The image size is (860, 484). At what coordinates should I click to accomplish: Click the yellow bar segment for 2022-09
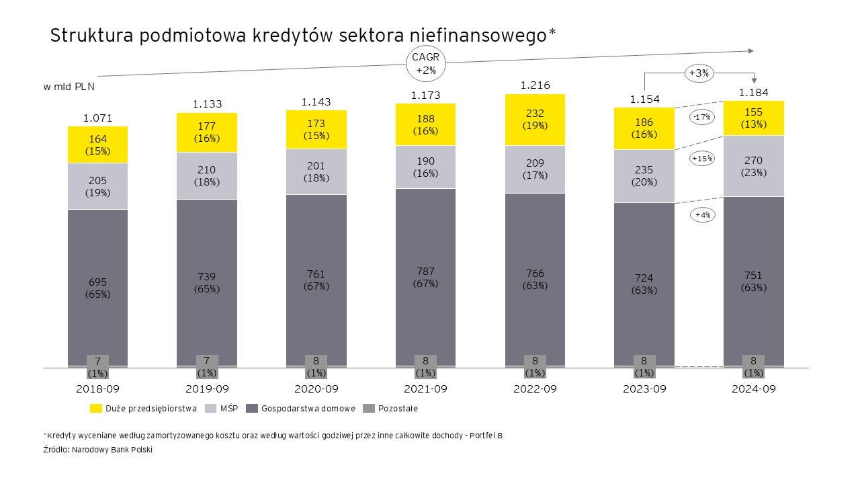tap(535, 120)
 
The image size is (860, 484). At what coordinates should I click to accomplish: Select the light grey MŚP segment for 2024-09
tap(753, 166)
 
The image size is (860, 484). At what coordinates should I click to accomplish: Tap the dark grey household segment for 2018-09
tap(97, 288)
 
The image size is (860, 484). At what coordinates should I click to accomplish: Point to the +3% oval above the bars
tap(699, 73)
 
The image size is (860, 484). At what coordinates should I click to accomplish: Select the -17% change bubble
tap(702, 117)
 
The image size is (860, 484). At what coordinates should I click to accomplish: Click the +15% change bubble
tap(703, 159)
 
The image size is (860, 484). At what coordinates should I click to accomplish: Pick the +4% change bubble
tap(703, 215)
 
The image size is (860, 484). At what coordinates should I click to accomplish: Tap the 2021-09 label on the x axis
tap(425, 389)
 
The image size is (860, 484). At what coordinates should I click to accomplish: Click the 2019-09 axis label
tap(206, 389)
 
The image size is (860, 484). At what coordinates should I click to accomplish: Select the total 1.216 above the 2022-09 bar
tap(535, 85)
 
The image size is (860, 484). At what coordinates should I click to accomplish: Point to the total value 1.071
tap(97, 118)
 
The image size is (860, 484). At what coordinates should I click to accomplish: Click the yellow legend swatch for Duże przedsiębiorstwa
tap(95, 408)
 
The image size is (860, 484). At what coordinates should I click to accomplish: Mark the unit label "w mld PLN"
tap(69, 87)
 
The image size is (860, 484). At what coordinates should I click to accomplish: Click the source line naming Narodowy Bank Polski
tap(98, 450)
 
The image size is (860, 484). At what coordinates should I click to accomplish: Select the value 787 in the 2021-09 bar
tap(425, 272)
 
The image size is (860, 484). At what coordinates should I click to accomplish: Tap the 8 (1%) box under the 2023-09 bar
tap(644, 366)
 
